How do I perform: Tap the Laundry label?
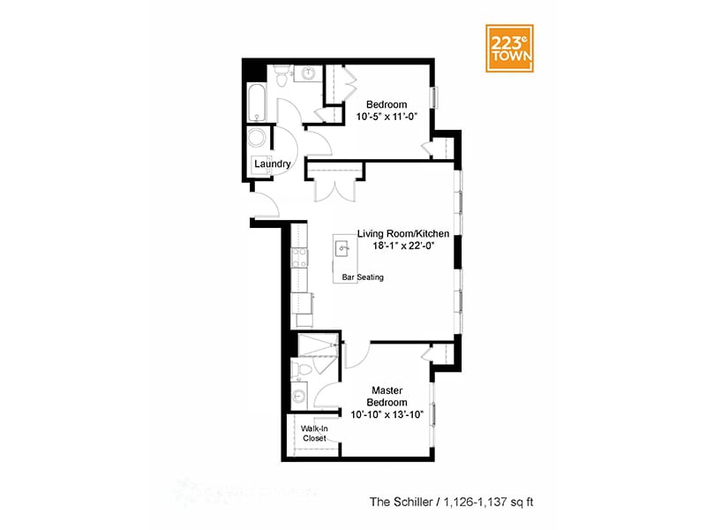272,163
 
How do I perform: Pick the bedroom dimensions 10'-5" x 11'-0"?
386,116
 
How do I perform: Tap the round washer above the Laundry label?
258,139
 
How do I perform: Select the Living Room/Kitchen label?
403,233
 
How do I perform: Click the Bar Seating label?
363,277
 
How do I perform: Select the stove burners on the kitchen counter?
299,257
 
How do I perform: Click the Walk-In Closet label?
314,433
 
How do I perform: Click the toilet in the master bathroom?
299,369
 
